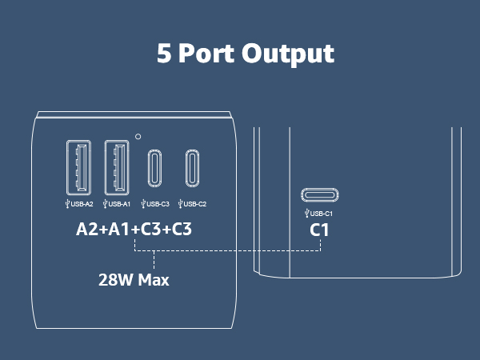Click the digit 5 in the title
(x=164, y=53)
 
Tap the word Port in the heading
(x=206, y=53)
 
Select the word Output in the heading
(x=288, y=54)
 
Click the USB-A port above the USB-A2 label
(x=78, y=167)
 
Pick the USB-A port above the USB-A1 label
(x=117, y=167)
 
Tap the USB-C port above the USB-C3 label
(x=154, y=168)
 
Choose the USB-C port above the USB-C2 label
(x=192, y=168)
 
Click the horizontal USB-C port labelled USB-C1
(x=319, y=195)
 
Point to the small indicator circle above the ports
(x=138, y=137)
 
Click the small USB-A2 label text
(x=82, y=204)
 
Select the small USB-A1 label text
(x=119, y=204)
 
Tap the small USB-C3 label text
(x=158, y=204)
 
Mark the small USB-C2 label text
(x=195, y=204)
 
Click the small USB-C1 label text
(x=322, y=214)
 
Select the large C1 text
(x=319, y=230)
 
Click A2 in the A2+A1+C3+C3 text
(x=87, y=230)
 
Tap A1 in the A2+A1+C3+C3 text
(x=118, y=230)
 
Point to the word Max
(x=154, y=280)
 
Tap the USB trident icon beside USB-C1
(x=306, y=214)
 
